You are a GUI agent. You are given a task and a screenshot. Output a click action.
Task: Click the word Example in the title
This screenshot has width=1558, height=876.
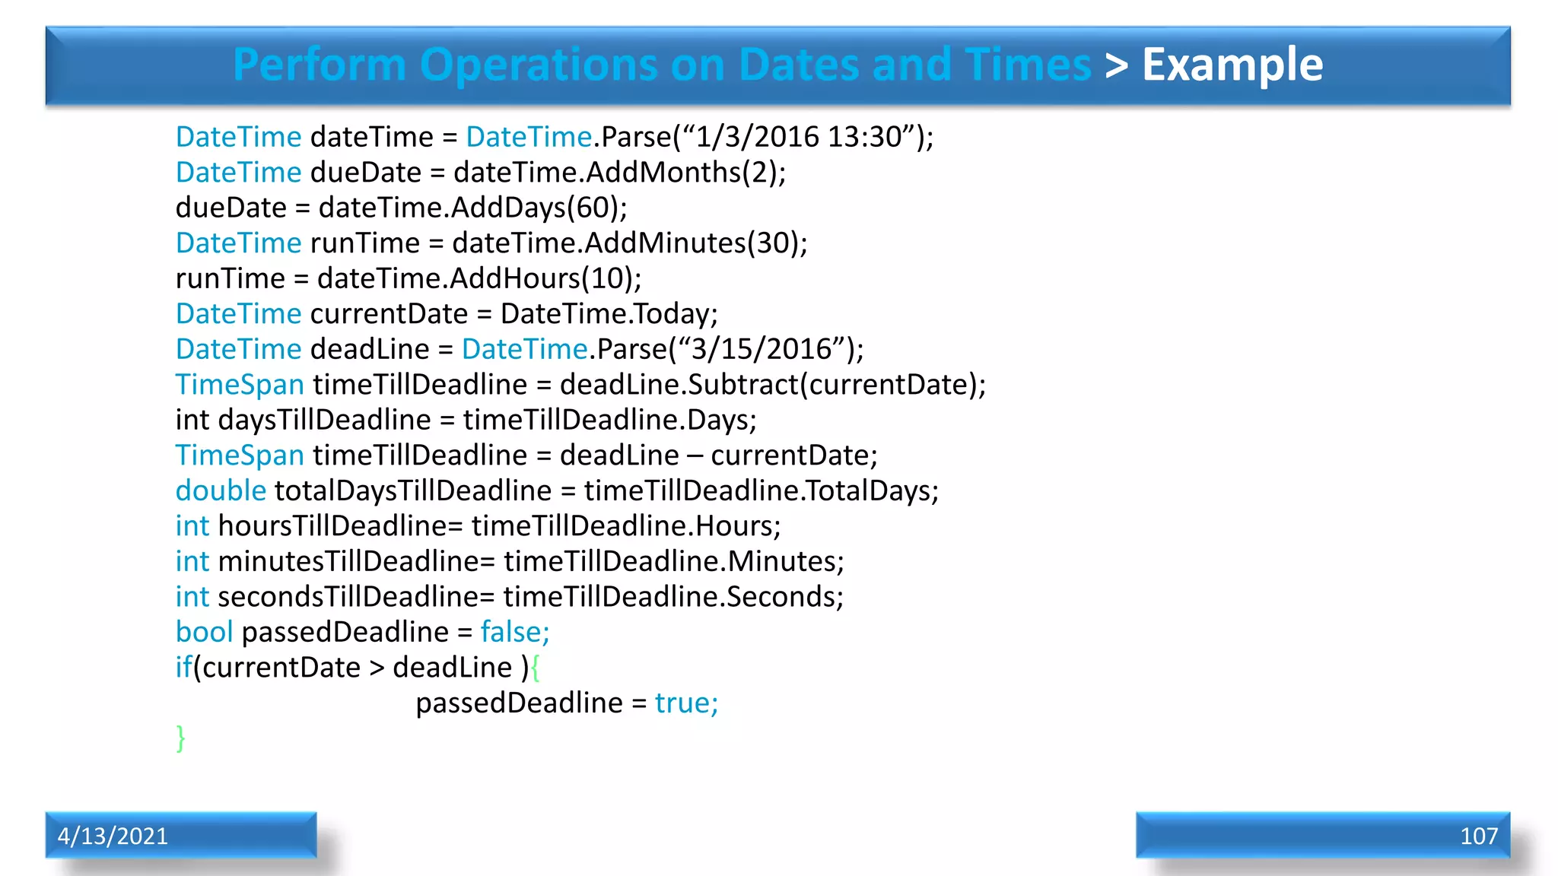pyautogui.click(x=1232, y=65)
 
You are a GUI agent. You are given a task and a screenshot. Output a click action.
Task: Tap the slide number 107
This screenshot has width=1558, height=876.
pyautogui.click(x=1478, y=836)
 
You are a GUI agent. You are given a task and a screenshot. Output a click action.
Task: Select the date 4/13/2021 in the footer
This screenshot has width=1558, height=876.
pyautogui.click(x=113, y=836)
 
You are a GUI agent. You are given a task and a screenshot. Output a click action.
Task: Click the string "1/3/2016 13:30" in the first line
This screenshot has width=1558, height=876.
pyautogui.click(x=799, y=137)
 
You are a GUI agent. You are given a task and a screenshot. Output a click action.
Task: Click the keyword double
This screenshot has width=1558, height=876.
pyautogui.click(x=221, y=490)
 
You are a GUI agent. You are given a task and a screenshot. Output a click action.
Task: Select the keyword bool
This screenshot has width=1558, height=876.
pyautogui.click(x=204, y=632)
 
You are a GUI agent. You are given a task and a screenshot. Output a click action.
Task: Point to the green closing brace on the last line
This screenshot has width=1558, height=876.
pyautogui.click(x=180, y=738)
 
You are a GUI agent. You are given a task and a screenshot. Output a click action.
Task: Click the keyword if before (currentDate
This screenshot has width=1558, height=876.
pyautogui.click(x=183, y=668)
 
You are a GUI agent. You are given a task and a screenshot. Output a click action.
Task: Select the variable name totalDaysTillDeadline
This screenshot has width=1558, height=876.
pyautogui.click(x=413, y=490)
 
